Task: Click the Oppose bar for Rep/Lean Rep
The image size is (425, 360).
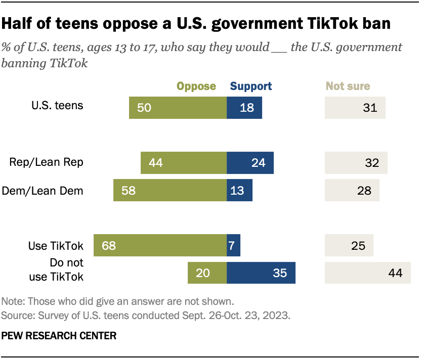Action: [x=184, y=163]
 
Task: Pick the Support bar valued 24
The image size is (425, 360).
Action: [x=250, y=163]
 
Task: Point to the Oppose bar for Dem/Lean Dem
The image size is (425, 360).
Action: [x=170, y=191]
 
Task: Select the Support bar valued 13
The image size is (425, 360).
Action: [x=239, y=191]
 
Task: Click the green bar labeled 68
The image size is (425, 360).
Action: [x=160, y=246]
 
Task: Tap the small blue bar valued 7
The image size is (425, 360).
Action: [x=233, y=246]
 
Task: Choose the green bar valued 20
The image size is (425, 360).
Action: [x=207, y=273]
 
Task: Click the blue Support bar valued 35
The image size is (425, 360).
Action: [x=261, y=273]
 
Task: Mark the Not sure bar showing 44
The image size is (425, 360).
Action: [x=367, y=273]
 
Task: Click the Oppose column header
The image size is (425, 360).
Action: [x=196, y=86]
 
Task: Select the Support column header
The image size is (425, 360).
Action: [x=251, y=86]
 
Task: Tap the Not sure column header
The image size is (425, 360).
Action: [x=348, y=86]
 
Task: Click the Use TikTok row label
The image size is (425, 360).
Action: [x=56, y=246]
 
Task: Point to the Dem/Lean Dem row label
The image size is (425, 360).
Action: [x=43, y=191]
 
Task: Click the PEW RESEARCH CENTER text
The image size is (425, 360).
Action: [x=59, y=335]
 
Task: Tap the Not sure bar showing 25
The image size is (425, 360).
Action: [x=349, y=246]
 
